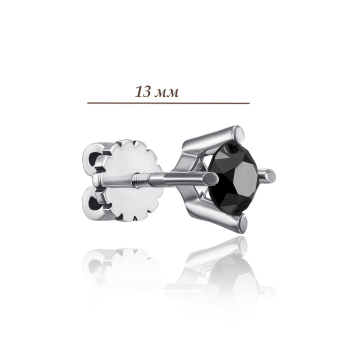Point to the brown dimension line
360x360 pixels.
pyautogui.click(x=168, y=103)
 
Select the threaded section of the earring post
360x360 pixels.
pyautogui.click(x=141, y=178)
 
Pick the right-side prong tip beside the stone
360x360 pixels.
pyautogui.click(x=271, y=176)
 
